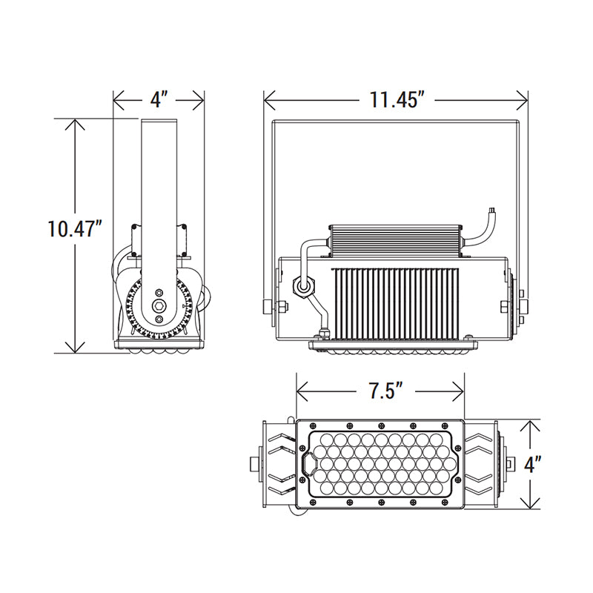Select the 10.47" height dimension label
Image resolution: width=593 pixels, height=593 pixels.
(73, 228)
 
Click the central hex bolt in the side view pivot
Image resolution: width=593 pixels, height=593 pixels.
(159, 305)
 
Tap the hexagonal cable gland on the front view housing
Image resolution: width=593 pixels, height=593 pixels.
(303, 285)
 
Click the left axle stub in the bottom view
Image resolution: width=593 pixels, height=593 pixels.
(255, 465)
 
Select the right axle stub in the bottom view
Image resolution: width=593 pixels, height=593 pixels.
(509, 465)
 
